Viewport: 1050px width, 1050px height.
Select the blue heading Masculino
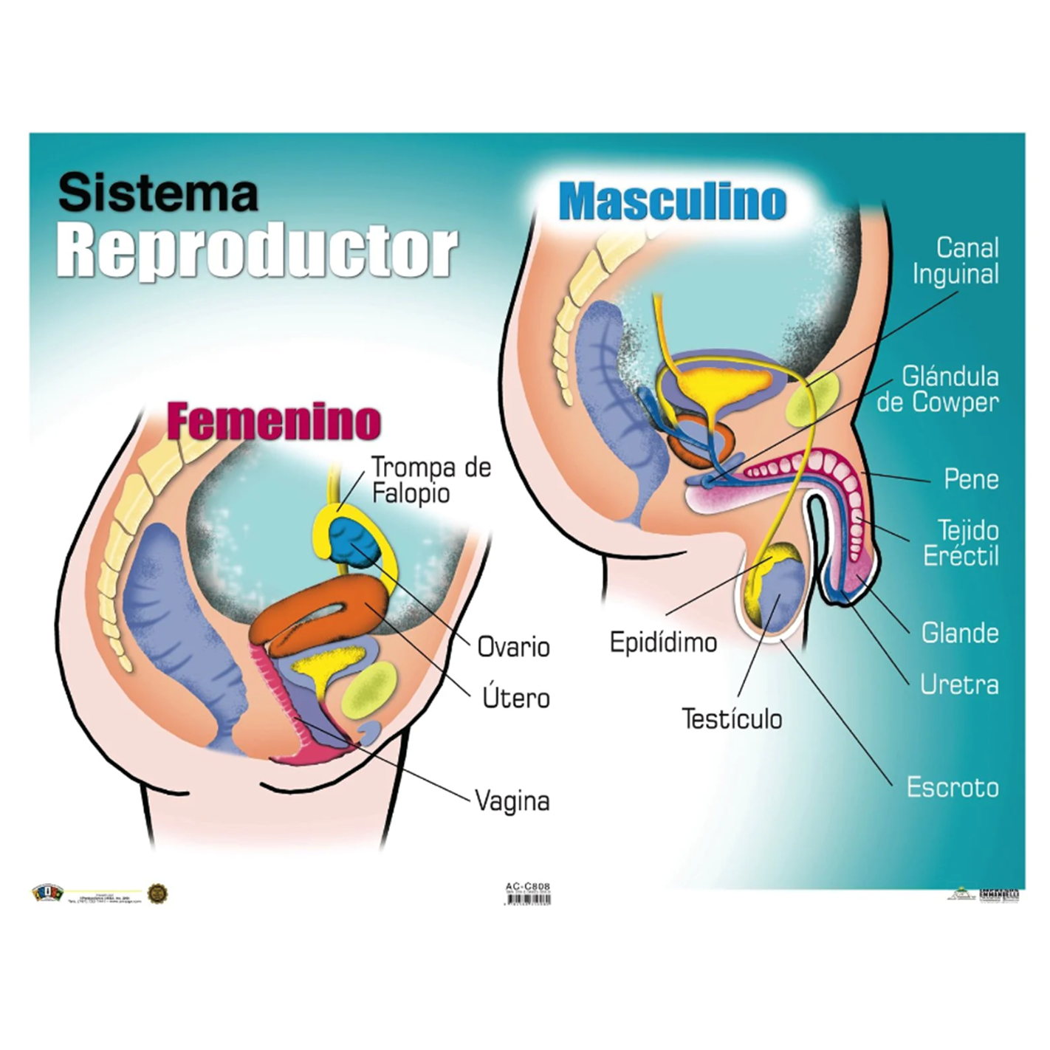[x=673, y=202]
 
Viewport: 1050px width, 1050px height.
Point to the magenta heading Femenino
[x=274, y=421]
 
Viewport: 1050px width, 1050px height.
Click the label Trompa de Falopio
[x=430, y=480]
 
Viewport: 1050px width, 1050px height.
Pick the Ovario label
[x=513, y=647]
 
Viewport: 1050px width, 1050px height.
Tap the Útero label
[x=515, y=698]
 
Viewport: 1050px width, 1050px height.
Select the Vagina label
[x=512, y=800]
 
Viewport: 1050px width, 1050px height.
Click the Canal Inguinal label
[x=955, y=261]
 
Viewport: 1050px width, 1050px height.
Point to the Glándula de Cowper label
[x=938, y=389]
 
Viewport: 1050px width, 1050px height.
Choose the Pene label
[x=971, y=479]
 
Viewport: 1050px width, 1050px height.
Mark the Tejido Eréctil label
[x=961, y=543]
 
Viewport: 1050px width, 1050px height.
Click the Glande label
[x=960, y=633]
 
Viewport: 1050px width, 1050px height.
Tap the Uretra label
[x=959, y=684]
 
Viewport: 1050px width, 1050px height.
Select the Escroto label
[x=953, y=787]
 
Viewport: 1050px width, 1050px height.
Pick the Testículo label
[x=732, y=718]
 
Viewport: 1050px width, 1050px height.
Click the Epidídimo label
[x=663, y=642]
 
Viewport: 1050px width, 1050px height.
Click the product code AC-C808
[x=528, y=887]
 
